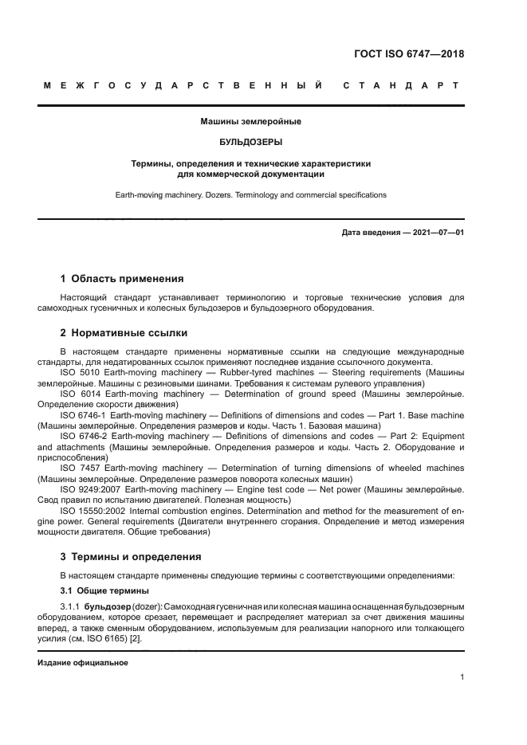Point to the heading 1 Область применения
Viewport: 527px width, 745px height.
coord(122,279)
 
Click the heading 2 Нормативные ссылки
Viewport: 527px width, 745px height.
coord(124,333)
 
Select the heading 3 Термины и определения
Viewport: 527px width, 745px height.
coord(131,556)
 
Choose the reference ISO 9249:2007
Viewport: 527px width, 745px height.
coord(92,489)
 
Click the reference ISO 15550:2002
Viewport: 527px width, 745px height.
coord(94,511)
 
